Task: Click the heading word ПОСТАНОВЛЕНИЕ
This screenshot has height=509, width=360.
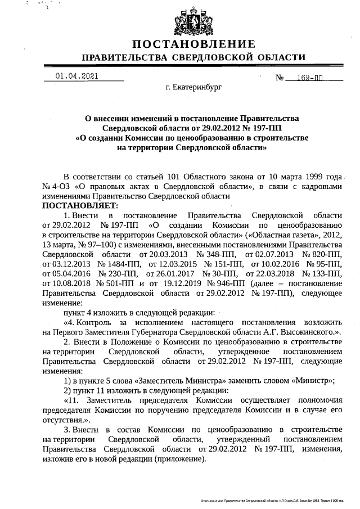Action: pos(194,44)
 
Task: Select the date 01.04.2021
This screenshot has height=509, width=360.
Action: pos(76,76)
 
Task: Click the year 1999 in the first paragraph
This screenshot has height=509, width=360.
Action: pos(296,175)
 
